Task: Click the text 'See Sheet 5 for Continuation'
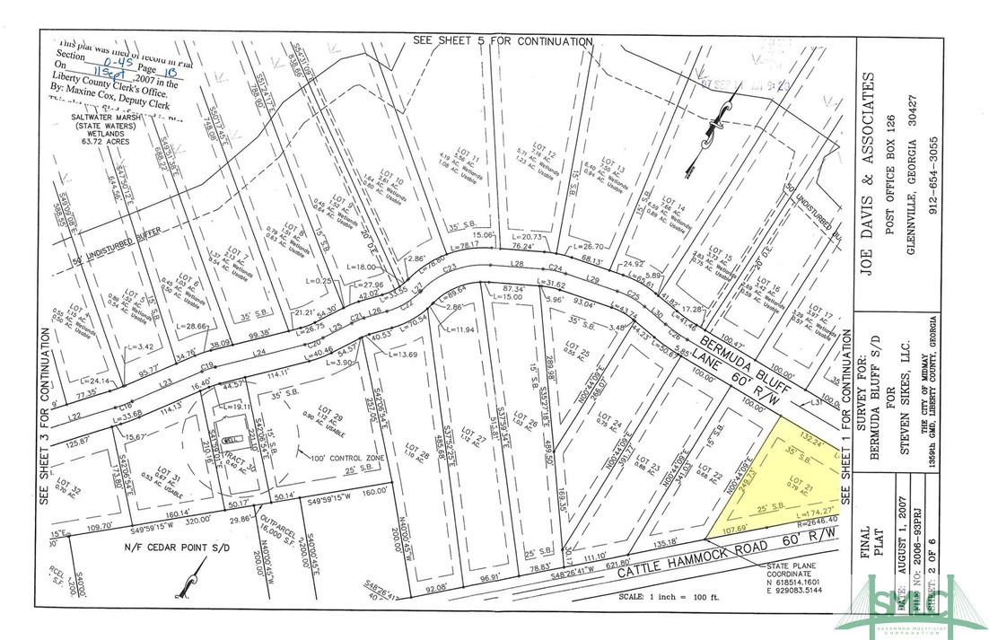503,41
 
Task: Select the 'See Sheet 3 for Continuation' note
44,413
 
